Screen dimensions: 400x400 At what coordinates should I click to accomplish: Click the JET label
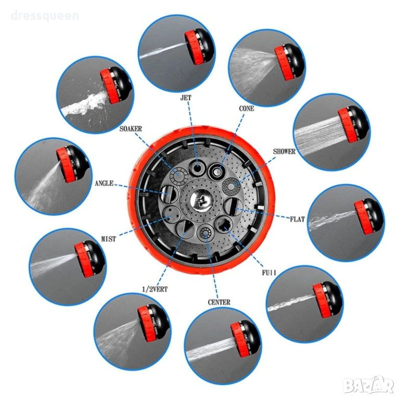coord(185,98)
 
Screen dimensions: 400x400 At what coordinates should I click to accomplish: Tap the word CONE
coord(246,109)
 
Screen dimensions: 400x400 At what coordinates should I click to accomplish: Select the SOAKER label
coord(131,129)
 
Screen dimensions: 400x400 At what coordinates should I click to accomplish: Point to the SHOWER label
coord(284,152)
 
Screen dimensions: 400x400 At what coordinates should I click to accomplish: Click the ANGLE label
coord(104,183)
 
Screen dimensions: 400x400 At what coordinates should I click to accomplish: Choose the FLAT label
coord(297,219)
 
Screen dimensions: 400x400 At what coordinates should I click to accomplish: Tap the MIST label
coord(108,239)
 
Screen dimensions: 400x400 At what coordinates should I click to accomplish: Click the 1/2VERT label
coord(155,289)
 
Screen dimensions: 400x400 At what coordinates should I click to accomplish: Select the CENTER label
coord(219,302)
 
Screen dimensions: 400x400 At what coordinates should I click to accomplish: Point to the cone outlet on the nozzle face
coord(217,171)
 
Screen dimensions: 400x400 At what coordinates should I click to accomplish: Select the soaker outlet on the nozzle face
coord(179,175)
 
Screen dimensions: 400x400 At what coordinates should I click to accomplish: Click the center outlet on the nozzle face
coord(205,233)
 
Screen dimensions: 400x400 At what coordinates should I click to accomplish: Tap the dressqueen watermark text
coord(45,16)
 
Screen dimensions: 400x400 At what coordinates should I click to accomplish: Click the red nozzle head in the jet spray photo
coord(193,48)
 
